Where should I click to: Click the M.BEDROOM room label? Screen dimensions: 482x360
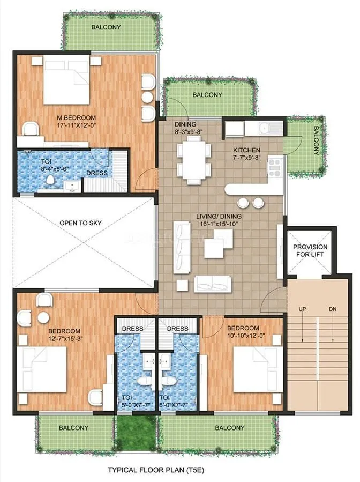[x=76, y=117]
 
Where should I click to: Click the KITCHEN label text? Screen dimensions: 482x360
[x=246, y=150]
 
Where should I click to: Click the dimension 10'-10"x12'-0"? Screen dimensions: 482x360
[x=243, y=336]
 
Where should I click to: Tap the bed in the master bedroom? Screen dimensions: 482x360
[x=65, y=81]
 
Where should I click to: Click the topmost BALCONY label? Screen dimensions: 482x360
[x=106, y=27]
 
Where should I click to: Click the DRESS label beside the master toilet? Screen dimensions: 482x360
[x=96, y=173]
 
